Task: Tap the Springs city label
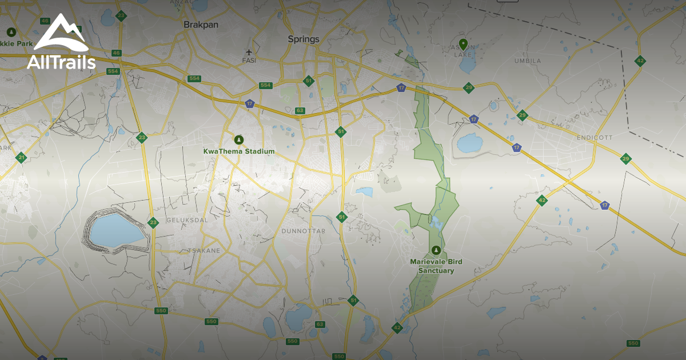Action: click(304, 39)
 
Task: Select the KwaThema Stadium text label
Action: click(239, 151)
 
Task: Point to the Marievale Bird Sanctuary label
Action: click(436, 266)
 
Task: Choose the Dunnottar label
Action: click(304, 231)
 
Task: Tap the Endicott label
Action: click(595, 138)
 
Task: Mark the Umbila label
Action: click(527, 61)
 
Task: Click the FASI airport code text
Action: click(249, 60)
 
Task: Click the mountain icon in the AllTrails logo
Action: click(61, 33)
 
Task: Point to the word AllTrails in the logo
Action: click(61, 62)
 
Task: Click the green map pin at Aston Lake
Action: click(463, 43)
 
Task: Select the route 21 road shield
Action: click(21, 158)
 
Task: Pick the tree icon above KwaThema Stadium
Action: click(239, 139)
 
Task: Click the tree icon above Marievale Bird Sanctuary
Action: click(436, 250)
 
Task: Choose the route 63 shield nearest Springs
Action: click(300, 110)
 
